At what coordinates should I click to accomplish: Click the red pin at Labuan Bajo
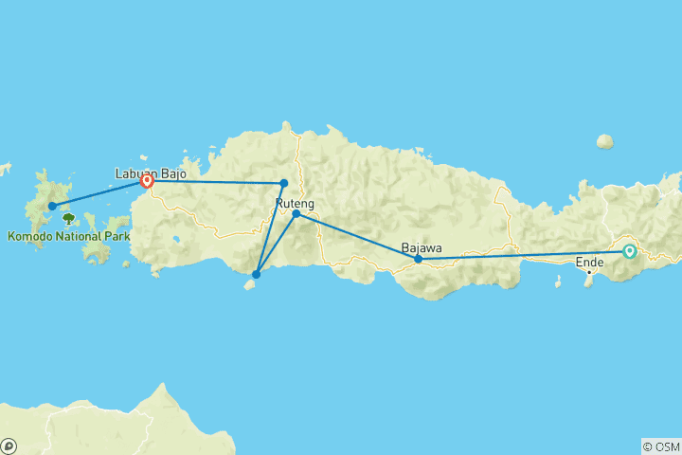[148, 181]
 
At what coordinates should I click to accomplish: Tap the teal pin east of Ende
[629, 251]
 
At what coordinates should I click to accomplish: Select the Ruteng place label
[294, 203]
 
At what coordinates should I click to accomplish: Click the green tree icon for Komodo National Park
[68, 219]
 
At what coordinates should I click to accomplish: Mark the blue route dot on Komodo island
[52, 206]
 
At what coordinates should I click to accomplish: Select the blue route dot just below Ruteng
[296, 214]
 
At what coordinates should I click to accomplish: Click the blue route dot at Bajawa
[419, 259]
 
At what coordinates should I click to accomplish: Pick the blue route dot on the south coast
[256, 275]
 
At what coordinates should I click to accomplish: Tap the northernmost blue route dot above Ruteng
[284, 183]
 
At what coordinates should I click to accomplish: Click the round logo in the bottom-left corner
[9, 445]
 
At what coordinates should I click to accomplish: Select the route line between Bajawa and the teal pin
[521, 255]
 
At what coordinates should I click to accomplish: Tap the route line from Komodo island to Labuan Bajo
[99, 193]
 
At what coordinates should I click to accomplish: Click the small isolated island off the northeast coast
[604, 141]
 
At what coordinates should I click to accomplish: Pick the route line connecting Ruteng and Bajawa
[357, 236]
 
